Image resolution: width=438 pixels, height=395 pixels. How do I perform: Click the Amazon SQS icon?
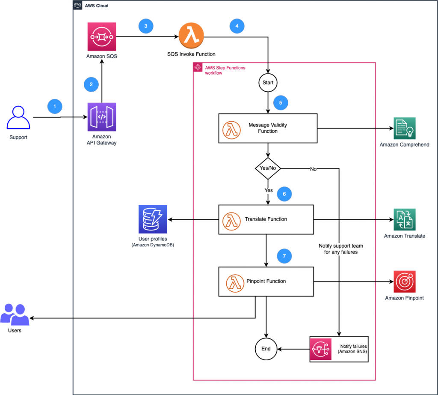click(101, 38)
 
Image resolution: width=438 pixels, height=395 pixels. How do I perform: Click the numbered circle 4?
click(237, 26)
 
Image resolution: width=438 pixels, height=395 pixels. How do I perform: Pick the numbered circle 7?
click(284, 256)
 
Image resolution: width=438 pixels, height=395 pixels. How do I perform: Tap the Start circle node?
click(268, 81)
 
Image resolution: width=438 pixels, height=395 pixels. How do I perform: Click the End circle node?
click(266, 349)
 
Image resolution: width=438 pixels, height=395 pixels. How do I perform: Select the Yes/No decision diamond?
click(268, 168)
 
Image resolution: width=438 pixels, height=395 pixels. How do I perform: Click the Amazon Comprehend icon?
click(404, 128)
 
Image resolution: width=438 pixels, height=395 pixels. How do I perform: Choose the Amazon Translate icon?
click(404, 220)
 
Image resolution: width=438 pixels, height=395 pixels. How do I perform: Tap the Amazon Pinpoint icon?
click(404, 281)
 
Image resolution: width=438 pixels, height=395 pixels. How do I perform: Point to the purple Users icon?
click(15, 315)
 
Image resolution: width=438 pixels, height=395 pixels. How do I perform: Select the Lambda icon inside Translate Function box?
click(231, 219)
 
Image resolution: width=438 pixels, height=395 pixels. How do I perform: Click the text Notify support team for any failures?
click(341, 249)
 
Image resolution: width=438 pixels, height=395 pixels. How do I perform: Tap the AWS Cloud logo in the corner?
click(78, 6)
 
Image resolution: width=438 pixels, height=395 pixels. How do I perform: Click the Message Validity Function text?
click(268, 128)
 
